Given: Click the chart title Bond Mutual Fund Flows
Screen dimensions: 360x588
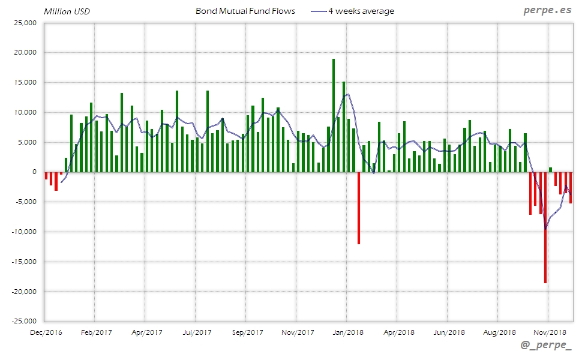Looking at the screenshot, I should pyautogui.click(x=245, y=11).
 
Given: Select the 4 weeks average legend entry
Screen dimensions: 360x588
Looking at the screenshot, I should pyautogui.click(x=361, y=11).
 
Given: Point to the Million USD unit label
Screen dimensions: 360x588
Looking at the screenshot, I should pyautogui.click(x=67, y=11).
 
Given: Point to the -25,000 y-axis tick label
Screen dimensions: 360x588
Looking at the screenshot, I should pyautogui.click(x=23, y=322).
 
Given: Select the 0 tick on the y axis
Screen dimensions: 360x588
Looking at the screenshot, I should pyautogui.click(x=34, y=172).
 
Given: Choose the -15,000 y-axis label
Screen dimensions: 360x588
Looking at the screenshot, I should pyautogui.click(x=23, y=262).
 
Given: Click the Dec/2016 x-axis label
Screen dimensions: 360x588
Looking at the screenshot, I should pyautogui.click(x=46, y=332).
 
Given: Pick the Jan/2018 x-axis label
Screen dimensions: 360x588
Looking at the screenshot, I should pyautogui.click(x=348, y=332).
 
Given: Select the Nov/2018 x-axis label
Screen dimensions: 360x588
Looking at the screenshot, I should pyautogui.click(x=550, y=332).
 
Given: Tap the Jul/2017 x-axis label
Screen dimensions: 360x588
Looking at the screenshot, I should pyautogui.click(x=197, y=332).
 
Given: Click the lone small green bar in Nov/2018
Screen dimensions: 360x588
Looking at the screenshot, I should pyautogui.click(x=551, y=170).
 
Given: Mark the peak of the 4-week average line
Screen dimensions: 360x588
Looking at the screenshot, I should pyautogui.click(x=348, y=94).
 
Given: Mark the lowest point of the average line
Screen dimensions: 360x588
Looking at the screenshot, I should pyautogui.click(x=545, y=229).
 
